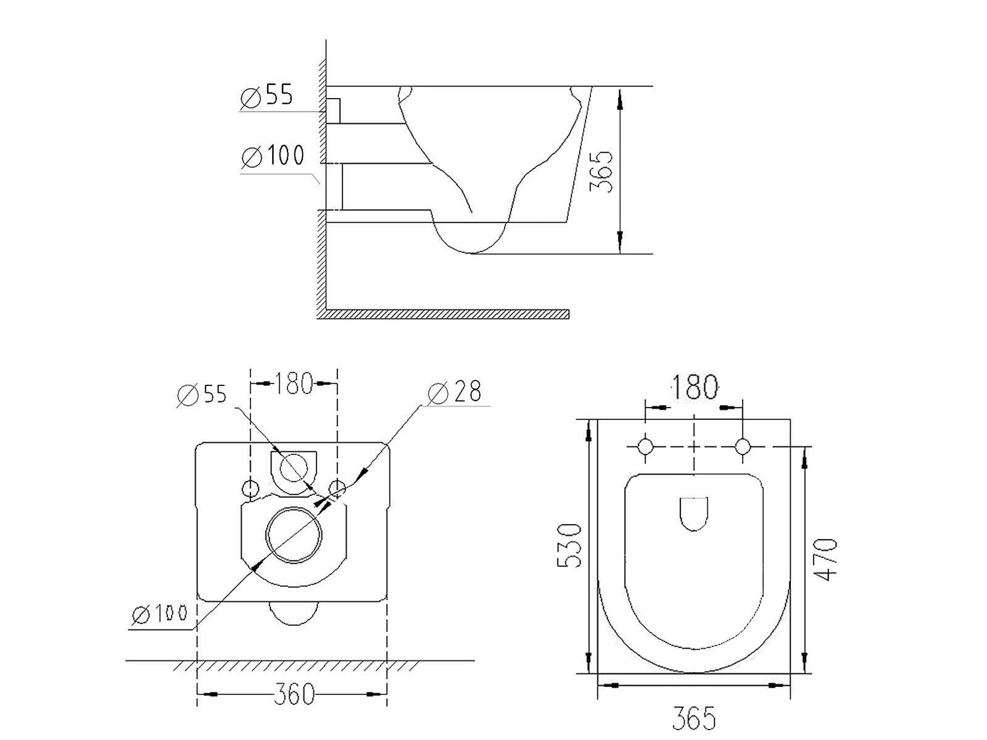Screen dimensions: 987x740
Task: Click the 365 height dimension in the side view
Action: [x=601, y=172]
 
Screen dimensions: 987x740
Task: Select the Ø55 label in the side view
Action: [x=266, y=96]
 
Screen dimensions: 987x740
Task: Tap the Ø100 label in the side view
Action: [x=273, y=155]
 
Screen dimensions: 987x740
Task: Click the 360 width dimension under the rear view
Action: [x=294, y=694]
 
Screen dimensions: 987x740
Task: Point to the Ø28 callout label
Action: [x=454, y=392]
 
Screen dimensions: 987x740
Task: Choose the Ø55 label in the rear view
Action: [x=202, y=395]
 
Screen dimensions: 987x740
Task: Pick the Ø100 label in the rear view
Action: [x=159, y=614]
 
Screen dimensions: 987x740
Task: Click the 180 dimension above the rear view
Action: [x=293, y=383]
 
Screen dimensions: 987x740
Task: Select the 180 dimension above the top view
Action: [x=694, y=387]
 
